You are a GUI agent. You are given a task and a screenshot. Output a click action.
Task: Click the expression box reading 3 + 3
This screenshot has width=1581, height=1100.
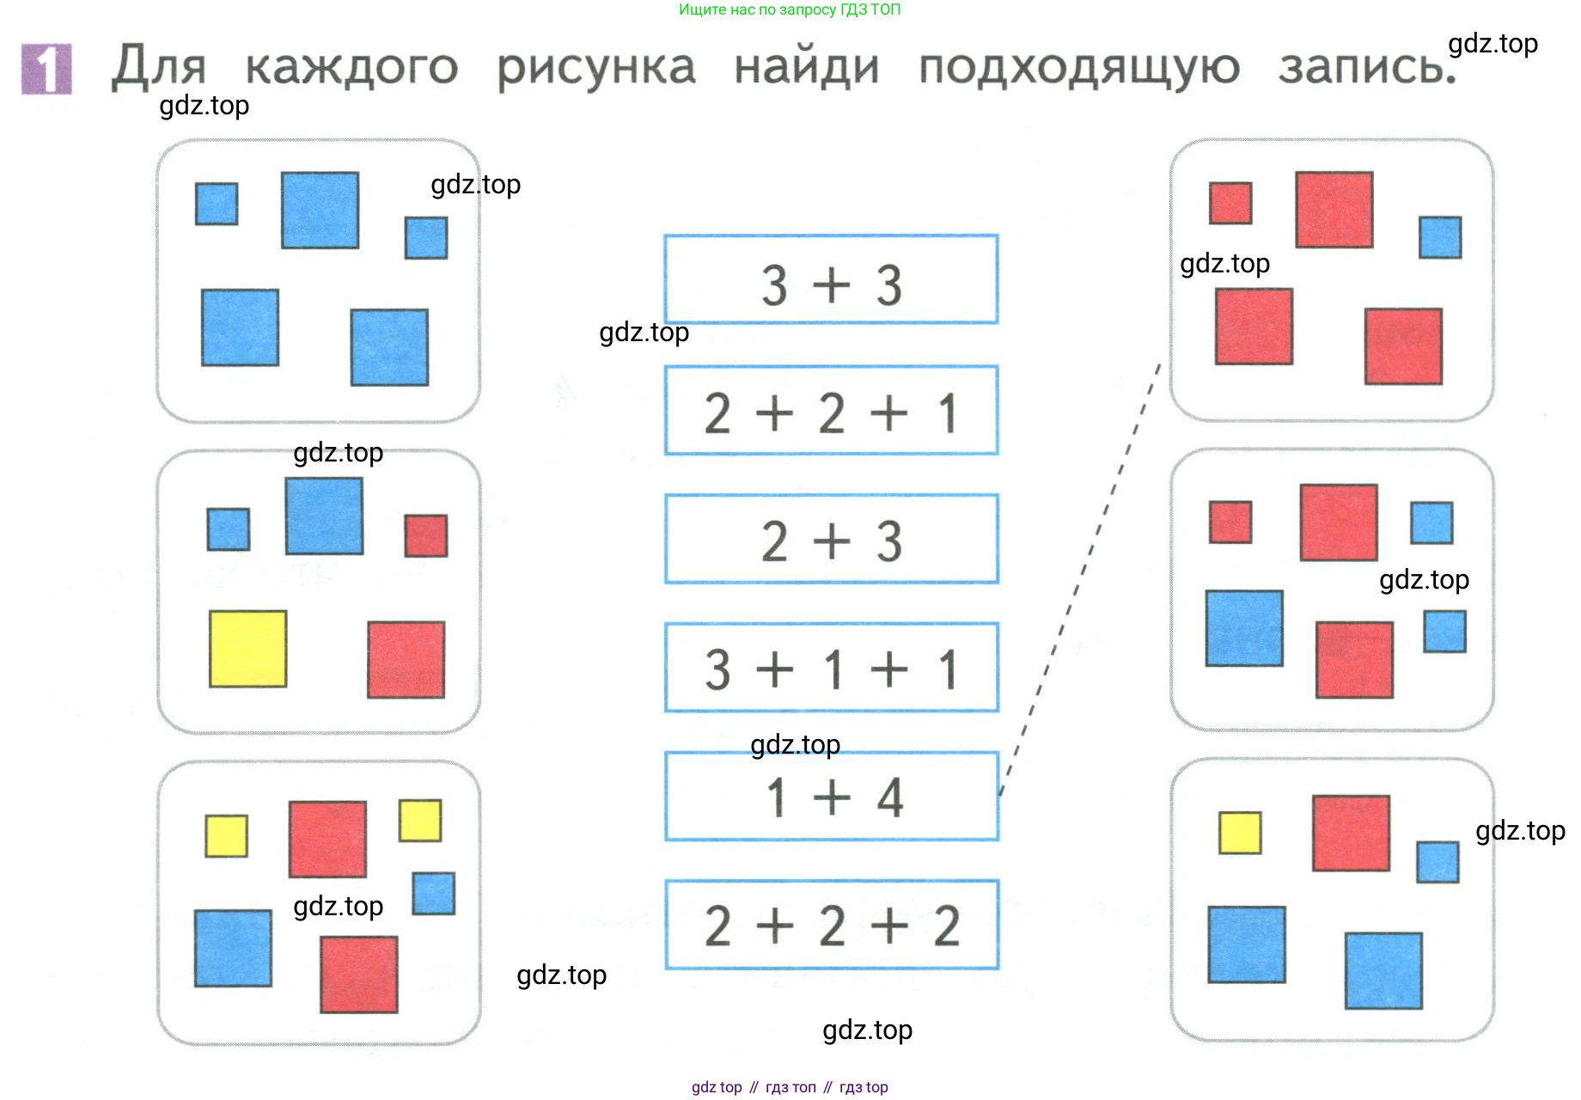[x=831, y=280]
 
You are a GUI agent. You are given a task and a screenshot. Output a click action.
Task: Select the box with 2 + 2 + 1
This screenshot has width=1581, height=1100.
[x=831, y=411]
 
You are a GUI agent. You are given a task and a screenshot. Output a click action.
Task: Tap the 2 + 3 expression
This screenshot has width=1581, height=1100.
[x=831, y=539]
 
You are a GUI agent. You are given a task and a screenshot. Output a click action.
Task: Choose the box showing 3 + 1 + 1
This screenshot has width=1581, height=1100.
[x=831, y=668]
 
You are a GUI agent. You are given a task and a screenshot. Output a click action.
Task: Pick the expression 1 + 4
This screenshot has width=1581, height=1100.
[x=831, y=797]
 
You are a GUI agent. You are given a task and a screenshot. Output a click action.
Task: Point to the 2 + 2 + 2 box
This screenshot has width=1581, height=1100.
[x=831, y=925]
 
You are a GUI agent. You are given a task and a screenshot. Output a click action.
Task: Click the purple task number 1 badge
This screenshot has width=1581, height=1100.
[x=46, y=69]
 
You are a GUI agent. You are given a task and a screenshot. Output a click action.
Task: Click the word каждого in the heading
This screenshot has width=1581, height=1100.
[x=351, y=67]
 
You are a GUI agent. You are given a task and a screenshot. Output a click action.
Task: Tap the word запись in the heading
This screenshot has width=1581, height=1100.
[x=1366, y=67]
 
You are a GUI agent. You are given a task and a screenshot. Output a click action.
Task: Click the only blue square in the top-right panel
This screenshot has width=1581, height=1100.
[x=1440, y=237]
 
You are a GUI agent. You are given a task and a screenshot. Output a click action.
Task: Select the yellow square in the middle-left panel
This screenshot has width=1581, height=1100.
[x=247, y=649]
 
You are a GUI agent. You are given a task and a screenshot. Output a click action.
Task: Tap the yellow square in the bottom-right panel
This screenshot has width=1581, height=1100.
[x=1240, y=833]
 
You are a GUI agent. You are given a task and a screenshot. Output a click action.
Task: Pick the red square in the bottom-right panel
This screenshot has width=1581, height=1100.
[x=1351, y=833]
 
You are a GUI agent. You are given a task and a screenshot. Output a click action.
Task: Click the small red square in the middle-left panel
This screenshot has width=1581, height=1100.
[x=426, y=535]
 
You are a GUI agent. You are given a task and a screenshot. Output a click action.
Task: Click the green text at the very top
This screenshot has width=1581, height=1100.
[x=790, y=9]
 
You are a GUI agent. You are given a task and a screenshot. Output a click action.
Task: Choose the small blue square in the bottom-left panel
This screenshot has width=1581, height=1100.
[x=433, y=894]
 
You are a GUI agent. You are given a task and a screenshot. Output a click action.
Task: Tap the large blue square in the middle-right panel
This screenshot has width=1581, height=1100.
[x=1244, y=628]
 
